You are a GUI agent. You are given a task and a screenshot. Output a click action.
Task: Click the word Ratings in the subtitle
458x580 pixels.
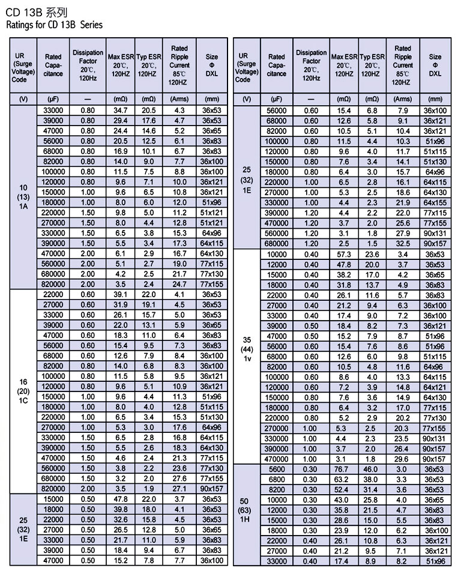(x=20, y=25)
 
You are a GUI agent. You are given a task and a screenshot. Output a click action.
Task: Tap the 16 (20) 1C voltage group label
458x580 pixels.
(x=23, y=391)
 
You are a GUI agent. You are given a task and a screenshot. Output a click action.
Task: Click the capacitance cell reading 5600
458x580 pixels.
(x=277, y=470)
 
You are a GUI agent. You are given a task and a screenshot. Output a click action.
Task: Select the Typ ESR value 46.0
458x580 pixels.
(x=372, y=470)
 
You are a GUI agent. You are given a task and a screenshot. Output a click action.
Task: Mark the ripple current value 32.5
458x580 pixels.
(x=403, y=244)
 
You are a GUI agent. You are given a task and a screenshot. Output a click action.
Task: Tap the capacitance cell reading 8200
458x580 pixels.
(x=277, y=490)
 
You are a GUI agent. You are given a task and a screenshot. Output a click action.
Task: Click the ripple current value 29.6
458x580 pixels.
(x=403, y=459)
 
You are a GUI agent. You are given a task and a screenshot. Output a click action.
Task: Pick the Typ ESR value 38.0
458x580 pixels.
(x=372, y=480)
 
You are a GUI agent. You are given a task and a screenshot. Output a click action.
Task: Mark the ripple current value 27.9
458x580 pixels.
(x=403, y=234)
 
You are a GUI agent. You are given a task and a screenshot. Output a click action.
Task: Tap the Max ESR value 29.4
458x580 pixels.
(x=120, y=121)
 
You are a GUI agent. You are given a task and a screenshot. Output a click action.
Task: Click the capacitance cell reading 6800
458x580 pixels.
(x=277, y=480)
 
